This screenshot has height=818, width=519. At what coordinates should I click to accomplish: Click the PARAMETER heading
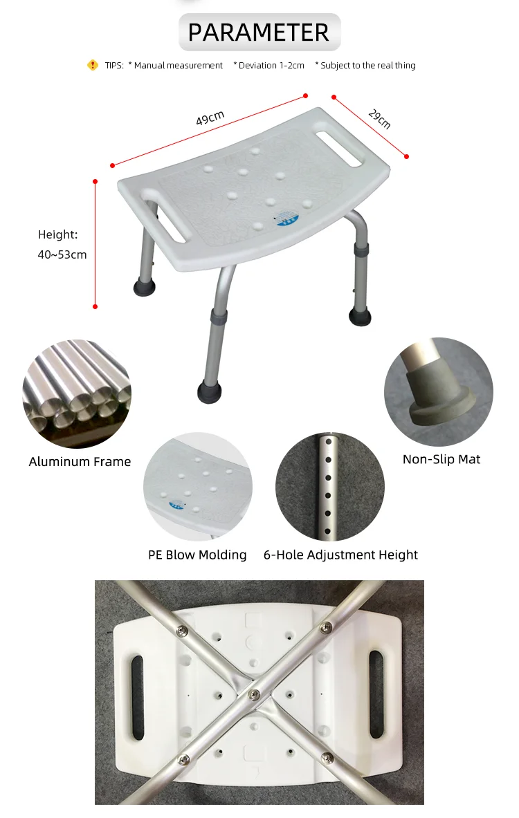259,32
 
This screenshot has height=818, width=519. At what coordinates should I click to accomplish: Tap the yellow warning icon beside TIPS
93,65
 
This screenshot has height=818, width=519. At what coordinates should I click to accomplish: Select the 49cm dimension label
210,118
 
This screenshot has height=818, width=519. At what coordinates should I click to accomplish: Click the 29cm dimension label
379,119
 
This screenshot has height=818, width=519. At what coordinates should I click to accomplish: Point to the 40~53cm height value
62,254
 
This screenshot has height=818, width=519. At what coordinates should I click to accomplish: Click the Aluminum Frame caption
80,462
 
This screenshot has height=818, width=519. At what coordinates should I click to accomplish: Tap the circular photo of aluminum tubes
77,394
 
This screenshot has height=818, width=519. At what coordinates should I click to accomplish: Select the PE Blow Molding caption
197,555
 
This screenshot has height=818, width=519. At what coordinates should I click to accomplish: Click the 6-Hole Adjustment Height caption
340,555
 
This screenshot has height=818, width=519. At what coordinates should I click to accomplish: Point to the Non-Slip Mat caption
441,459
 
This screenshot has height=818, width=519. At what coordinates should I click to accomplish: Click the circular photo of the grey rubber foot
439,391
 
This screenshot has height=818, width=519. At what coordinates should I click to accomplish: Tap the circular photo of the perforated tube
329,487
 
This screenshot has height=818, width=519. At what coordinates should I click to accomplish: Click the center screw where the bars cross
253,692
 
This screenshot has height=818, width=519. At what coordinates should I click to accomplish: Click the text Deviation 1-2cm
268,65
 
